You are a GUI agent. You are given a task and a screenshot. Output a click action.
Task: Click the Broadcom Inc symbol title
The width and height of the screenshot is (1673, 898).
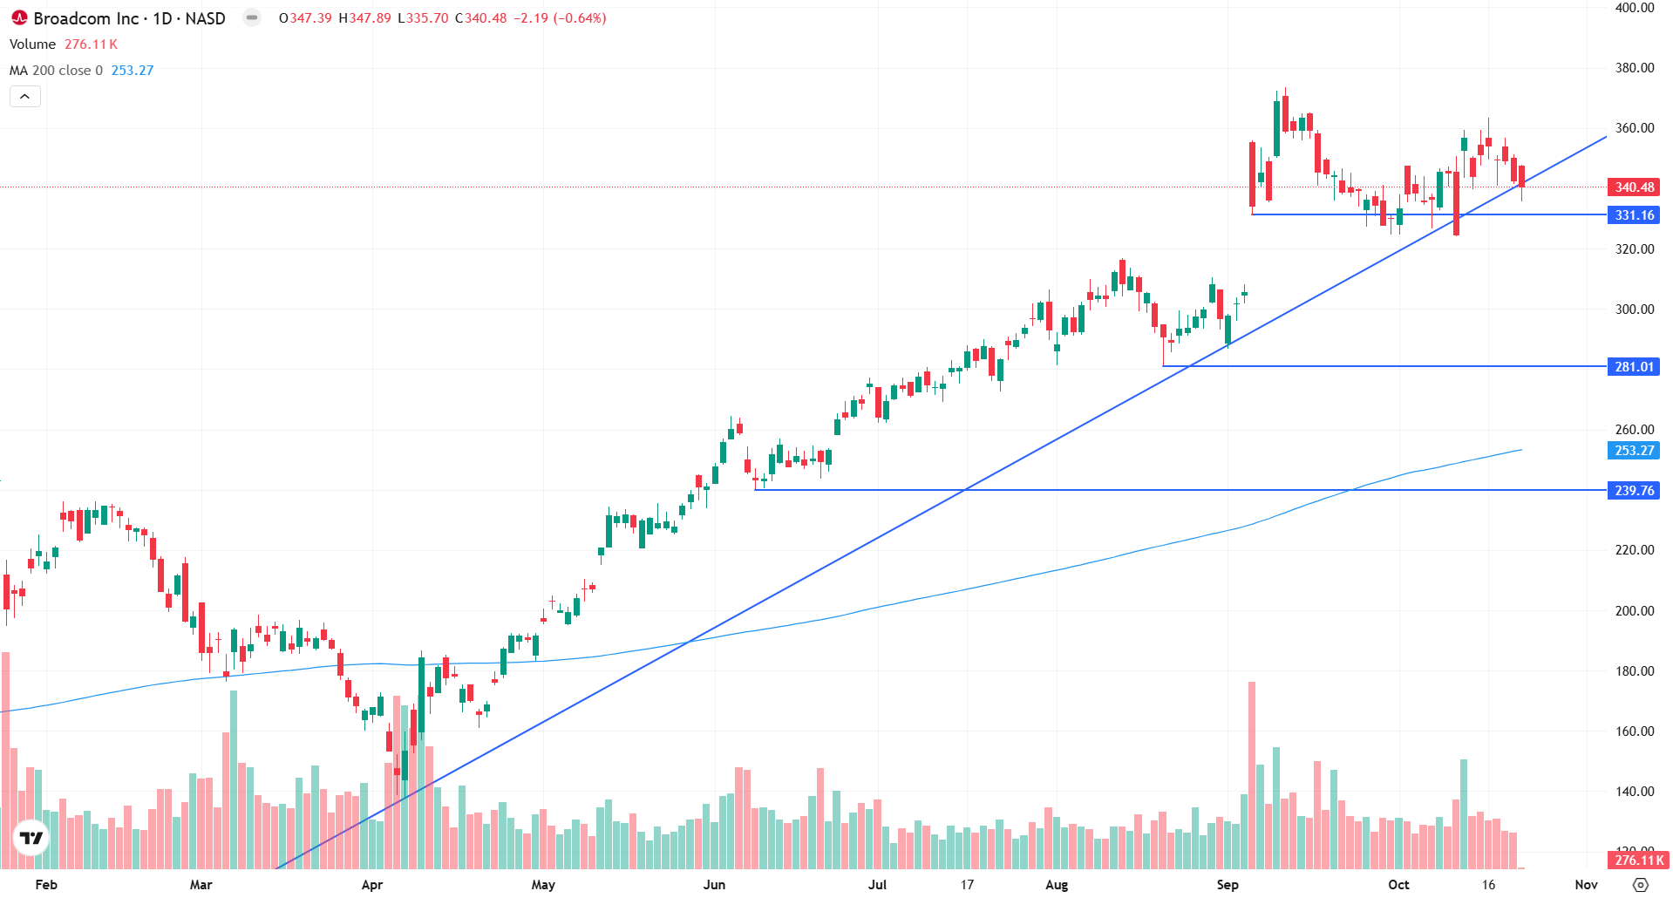[129, 18]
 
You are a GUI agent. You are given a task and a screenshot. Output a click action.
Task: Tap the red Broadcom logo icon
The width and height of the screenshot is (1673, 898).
[19, 17]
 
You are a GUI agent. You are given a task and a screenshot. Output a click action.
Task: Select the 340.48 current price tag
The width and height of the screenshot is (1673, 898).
[1634, 187]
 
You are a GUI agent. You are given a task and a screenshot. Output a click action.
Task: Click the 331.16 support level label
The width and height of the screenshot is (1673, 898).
[1634, 215]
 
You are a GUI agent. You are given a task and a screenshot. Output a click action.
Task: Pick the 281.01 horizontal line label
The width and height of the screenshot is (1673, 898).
[1634, 367]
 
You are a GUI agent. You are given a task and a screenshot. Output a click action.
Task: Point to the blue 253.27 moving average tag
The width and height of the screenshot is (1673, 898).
[1634, 451]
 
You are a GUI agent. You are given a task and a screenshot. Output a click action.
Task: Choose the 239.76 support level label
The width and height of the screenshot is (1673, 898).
[1634, 491]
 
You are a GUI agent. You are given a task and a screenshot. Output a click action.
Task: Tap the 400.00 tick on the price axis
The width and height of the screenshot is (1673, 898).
[1635, 8]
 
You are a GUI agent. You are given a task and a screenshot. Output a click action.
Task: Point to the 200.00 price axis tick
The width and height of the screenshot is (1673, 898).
[1635, 611]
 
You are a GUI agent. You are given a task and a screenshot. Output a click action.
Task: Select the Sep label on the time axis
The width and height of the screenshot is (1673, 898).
[1228, 885]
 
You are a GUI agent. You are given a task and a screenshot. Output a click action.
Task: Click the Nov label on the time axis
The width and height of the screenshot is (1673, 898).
[1587, 885]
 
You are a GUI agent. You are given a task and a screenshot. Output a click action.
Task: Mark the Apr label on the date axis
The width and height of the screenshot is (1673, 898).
[372, 885]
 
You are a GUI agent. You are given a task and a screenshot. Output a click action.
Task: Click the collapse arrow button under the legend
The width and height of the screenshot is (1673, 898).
[25, 97]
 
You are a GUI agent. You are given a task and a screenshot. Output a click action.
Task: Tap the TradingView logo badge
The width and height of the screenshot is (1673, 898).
[31, 838]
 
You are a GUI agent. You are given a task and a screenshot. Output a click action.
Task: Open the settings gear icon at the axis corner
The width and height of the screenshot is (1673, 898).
[1641, 885]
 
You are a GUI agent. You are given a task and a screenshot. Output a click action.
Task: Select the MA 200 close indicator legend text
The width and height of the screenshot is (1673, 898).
[56, 71]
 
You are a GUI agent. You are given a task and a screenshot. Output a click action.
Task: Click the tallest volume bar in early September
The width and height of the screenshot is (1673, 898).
[1252, 775]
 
